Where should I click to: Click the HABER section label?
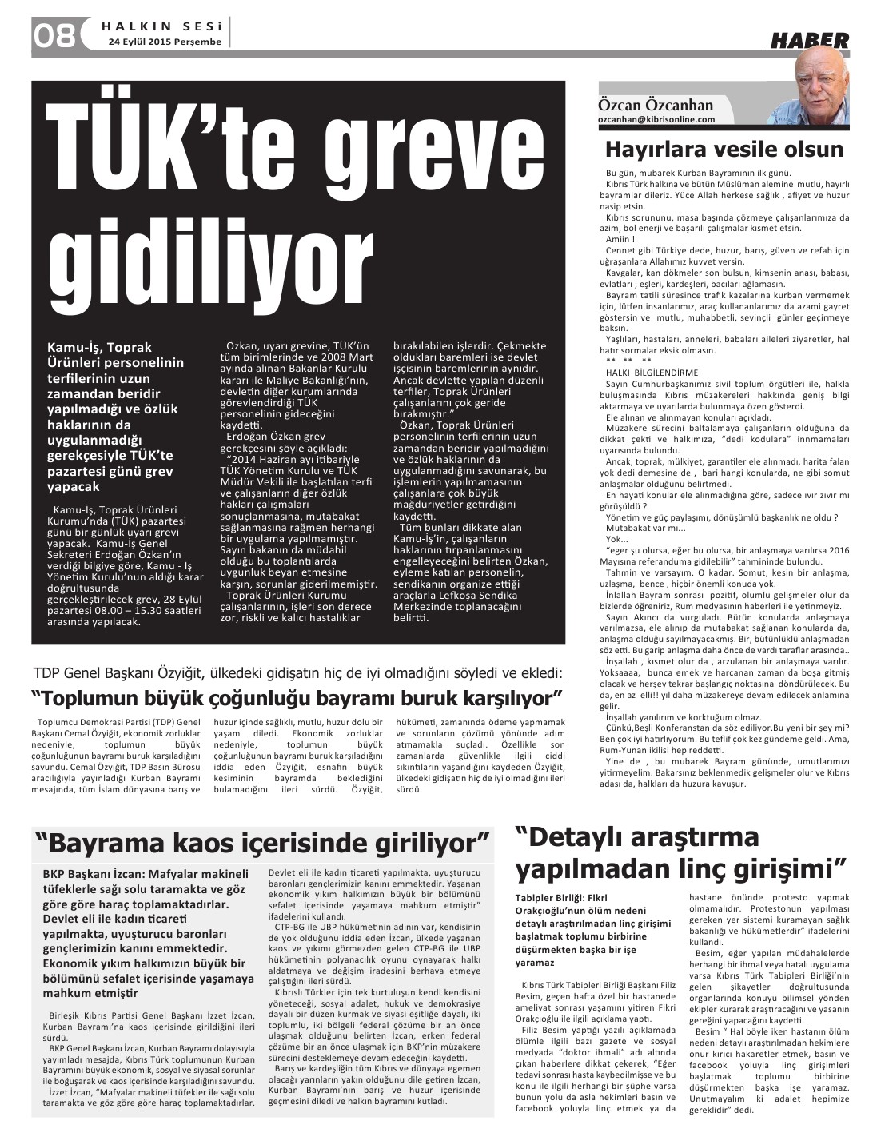pyautogui.click(x=809, y=40)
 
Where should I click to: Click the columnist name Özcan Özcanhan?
pyautogui.click(x=656, y=105)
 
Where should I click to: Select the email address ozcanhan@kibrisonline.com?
pyautogui.click(x=656, y=119)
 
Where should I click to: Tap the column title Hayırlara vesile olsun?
pyautogui.click(x=735, y=150)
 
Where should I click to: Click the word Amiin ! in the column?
pyautogui.click(x=620, y=239)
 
